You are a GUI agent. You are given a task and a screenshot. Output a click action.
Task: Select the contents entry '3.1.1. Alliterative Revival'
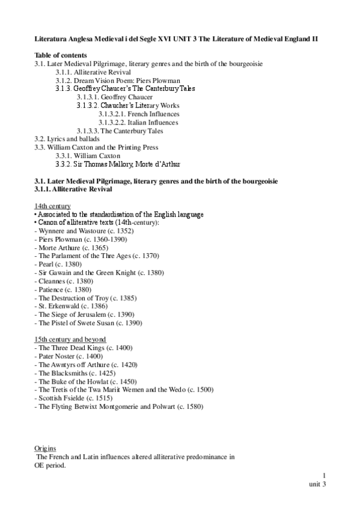tap(94, 72)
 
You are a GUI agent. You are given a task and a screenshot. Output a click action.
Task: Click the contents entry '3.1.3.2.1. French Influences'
tap(139, 114)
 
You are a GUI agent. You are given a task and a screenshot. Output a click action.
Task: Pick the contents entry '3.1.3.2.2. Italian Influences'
tap(139, 122)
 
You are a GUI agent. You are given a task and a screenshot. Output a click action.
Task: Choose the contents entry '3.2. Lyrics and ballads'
tap(67, 139)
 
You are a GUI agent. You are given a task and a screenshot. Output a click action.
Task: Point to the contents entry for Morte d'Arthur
tap(118, 164)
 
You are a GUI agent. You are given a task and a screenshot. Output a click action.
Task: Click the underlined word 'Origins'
tap(46, 448)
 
